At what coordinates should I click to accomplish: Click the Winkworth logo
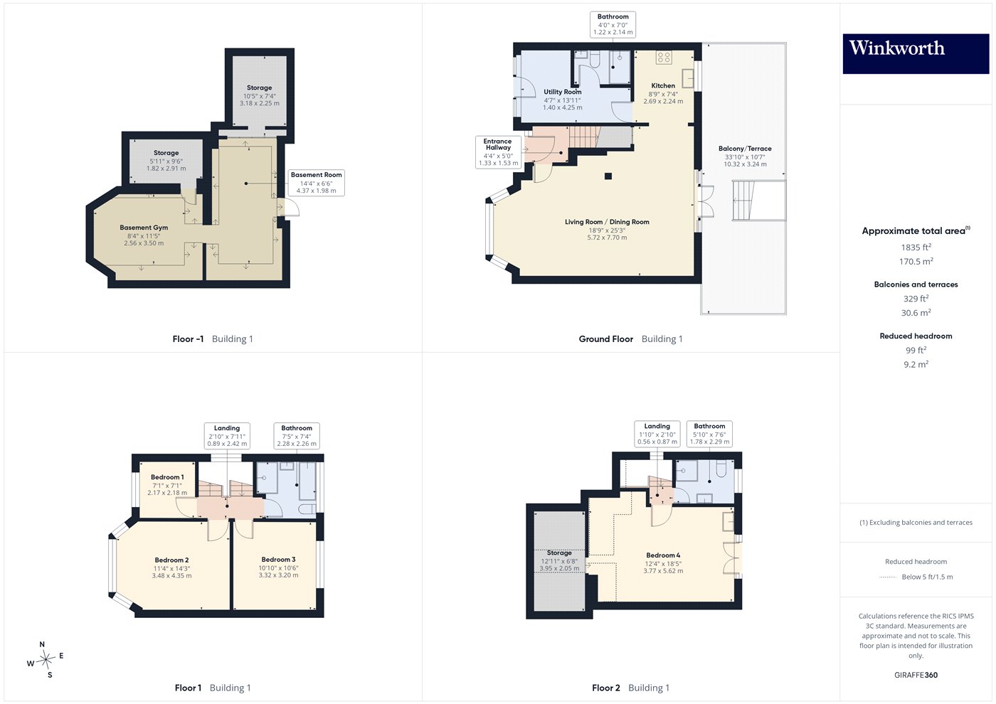click(x=916, y=53)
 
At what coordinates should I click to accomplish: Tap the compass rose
click(x=46, y=660)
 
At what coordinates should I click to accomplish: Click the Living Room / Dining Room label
click(x=607, y=222)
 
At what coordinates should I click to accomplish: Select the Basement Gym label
click(x=144, y=228)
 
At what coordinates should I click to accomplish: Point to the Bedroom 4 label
click(x=663, y=555)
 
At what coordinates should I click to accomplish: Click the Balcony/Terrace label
click(x=745, y=149)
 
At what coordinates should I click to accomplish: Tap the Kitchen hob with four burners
click(x=664, y=58)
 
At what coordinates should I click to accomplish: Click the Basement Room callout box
click(x=316, y=183)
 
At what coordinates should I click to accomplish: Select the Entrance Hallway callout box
click(x=498, y=152)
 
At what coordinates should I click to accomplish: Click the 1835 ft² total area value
click(x=916, y=247)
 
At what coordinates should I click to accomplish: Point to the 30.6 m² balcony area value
click(x=916, y=312)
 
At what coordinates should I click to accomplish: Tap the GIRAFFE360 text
click(x=916, y=675)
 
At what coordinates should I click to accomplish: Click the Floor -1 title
click(x=188, y=339)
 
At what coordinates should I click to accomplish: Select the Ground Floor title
click(x=605, y=339)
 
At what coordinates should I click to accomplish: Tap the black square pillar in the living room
click(x=608, y=176)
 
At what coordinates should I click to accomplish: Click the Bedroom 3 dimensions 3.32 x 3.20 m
click(x=278, y=575)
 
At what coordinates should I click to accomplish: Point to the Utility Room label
click(x=563, y=92)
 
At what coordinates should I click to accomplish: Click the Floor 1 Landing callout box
click(x=227, y=435)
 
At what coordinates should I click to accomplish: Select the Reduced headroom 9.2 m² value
click(x=916, y=364)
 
